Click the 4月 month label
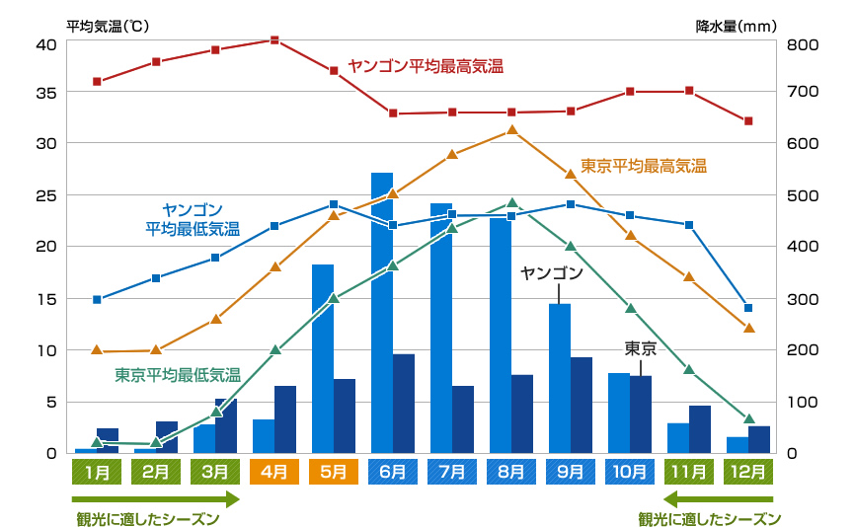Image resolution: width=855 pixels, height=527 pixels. tap(274, 472)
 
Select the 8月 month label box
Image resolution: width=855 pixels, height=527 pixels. tap(511, 472)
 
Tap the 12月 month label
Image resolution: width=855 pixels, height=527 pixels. tap(748, 472)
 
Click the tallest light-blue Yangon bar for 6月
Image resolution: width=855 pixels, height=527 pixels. tap(382, 312)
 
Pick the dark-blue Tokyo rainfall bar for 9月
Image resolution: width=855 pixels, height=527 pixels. tap(582, 405)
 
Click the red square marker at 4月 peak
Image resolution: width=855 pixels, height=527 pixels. tap(274, 40)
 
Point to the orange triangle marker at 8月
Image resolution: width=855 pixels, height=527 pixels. tap(511, 129)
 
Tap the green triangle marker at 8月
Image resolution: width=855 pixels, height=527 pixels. tap(511, 203)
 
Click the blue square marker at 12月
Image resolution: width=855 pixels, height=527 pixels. tap(748, 308)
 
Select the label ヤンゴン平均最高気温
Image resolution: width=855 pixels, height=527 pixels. tap(426, 66)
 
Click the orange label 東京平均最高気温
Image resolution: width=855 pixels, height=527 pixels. tap(643, 166)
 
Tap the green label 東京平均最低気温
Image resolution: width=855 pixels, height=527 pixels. tap(178, 375)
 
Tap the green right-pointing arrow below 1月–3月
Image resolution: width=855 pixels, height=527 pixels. tap(158, 499)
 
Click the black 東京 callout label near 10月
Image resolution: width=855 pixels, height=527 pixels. tap(640, 348)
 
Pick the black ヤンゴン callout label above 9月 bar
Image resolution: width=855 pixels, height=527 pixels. tap(552, 272)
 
